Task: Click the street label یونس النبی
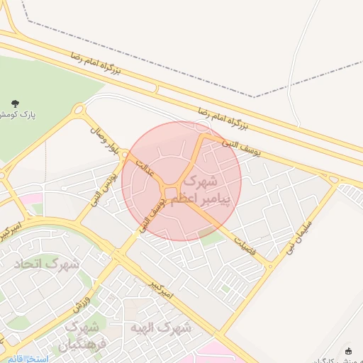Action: pyautogui.click(x=102, y=186)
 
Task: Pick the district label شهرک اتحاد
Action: pyautogui.click(x=48, y=264)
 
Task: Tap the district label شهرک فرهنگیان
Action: pyautogui.click(x=79, y=337)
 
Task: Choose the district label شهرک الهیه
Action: pyautogui.click(x=161, y=328)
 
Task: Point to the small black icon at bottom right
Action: pyautogui.click(x=348, y=351)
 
